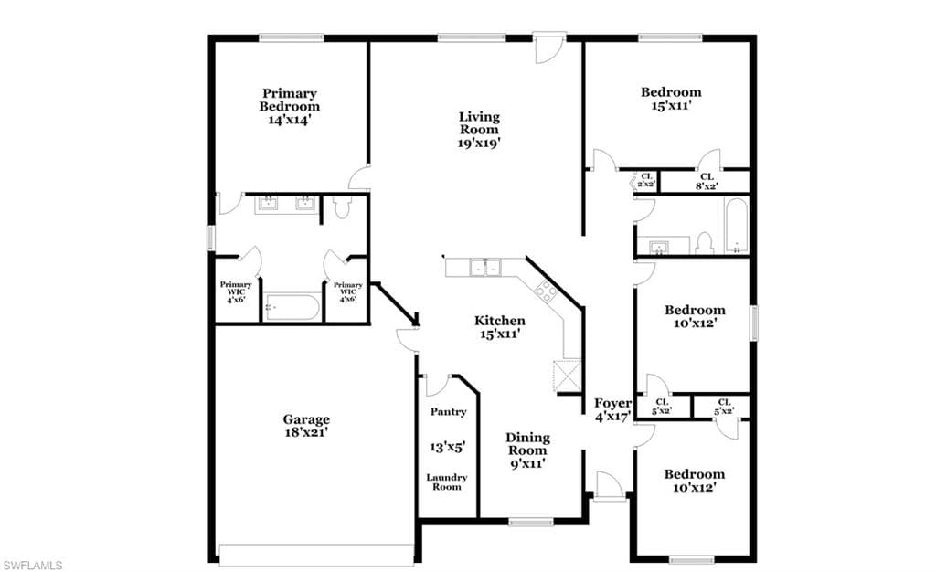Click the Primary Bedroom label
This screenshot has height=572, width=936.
click(x=290, y=100)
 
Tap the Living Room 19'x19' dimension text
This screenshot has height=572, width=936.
click(x=479, y=143)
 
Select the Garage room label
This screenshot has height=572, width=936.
click(x=306, y=419)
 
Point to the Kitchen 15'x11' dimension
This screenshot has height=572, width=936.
click(x=500, y=334)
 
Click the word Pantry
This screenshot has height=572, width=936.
click(x=448, y=411)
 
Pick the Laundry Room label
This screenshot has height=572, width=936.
click(x=446, y=482)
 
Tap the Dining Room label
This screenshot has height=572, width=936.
click(x=527, y=444)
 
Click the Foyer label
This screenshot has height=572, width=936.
click(x=612, y=403)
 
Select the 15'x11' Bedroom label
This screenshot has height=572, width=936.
click(x=671, y=99)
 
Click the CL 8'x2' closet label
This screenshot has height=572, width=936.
click(x=707, y=181)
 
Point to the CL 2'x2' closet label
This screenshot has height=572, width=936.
click(x=646, y=180)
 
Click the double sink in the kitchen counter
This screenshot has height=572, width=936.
click(x=484, y=267)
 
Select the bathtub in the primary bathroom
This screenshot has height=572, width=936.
click(x=292, y=307)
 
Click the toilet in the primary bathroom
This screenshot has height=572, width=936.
click(x=342, y=207)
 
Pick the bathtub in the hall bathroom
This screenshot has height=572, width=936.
click(x=736, y=227)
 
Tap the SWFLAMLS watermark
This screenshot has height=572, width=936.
click(x=32, y=565)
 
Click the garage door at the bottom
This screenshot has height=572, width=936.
click(x=316, y=555)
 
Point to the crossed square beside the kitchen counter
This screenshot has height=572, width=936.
click(x=567, y=376)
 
